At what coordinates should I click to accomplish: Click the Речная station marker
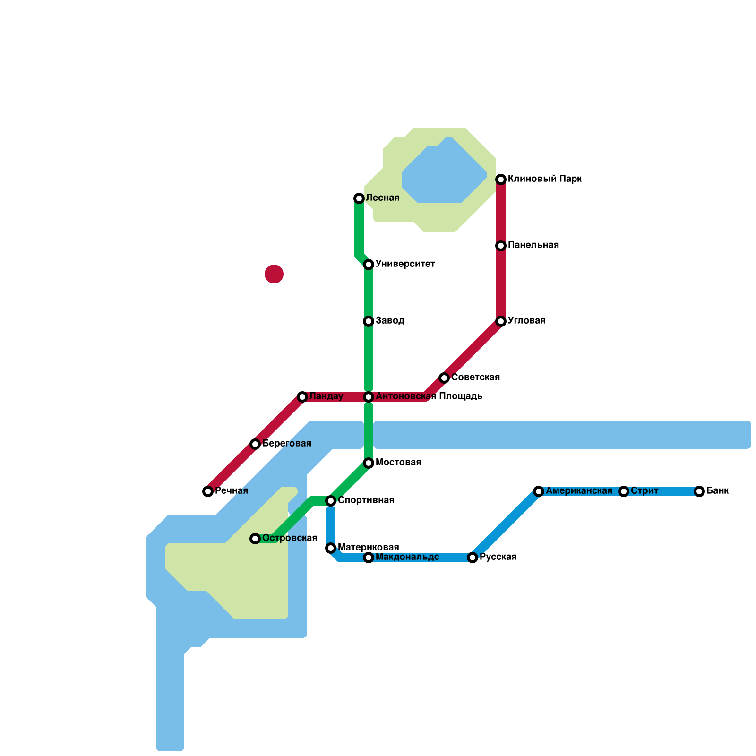pos(208,491)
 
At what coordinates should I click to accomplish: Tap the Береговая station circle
pos(255,444)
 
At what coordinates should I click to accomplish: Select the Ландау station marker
pos(302,397)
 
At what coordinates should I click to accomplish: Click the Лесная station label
pos(383,198)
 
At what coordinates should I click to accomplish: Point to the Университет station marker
pos(369,265)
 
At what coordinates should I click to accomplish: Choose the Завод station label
pos(390,321)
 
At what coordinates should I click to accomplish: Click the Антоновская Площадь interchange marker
pos(369,397)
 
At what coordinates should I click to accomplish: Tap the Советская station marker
pos(444,378)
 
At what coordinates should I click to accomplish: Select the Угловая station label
pos(527,321)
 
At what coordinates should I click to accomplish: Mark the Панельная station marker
pos(501,246)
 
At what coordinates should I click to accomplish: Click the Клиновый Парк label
pos(544,179)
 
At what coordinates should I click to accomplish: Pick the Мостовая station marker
pos(369,463)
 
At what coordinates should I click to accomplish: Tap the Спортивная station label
pos(366,500)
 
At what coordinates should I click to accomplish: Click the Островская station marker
pos(255,539)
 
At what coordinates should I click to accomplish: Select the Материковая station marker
pos(331,548)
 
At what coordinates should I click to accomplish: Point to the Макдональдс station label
pos(407,557)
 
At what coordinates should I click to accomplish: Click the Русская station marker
pos(472,558)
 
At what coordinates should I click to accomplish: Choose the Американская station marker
pos(539,491)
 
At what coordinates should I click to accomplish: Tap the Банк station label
pos(717,491)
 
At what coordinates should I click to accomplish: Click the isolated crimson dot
pos(274,274)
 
